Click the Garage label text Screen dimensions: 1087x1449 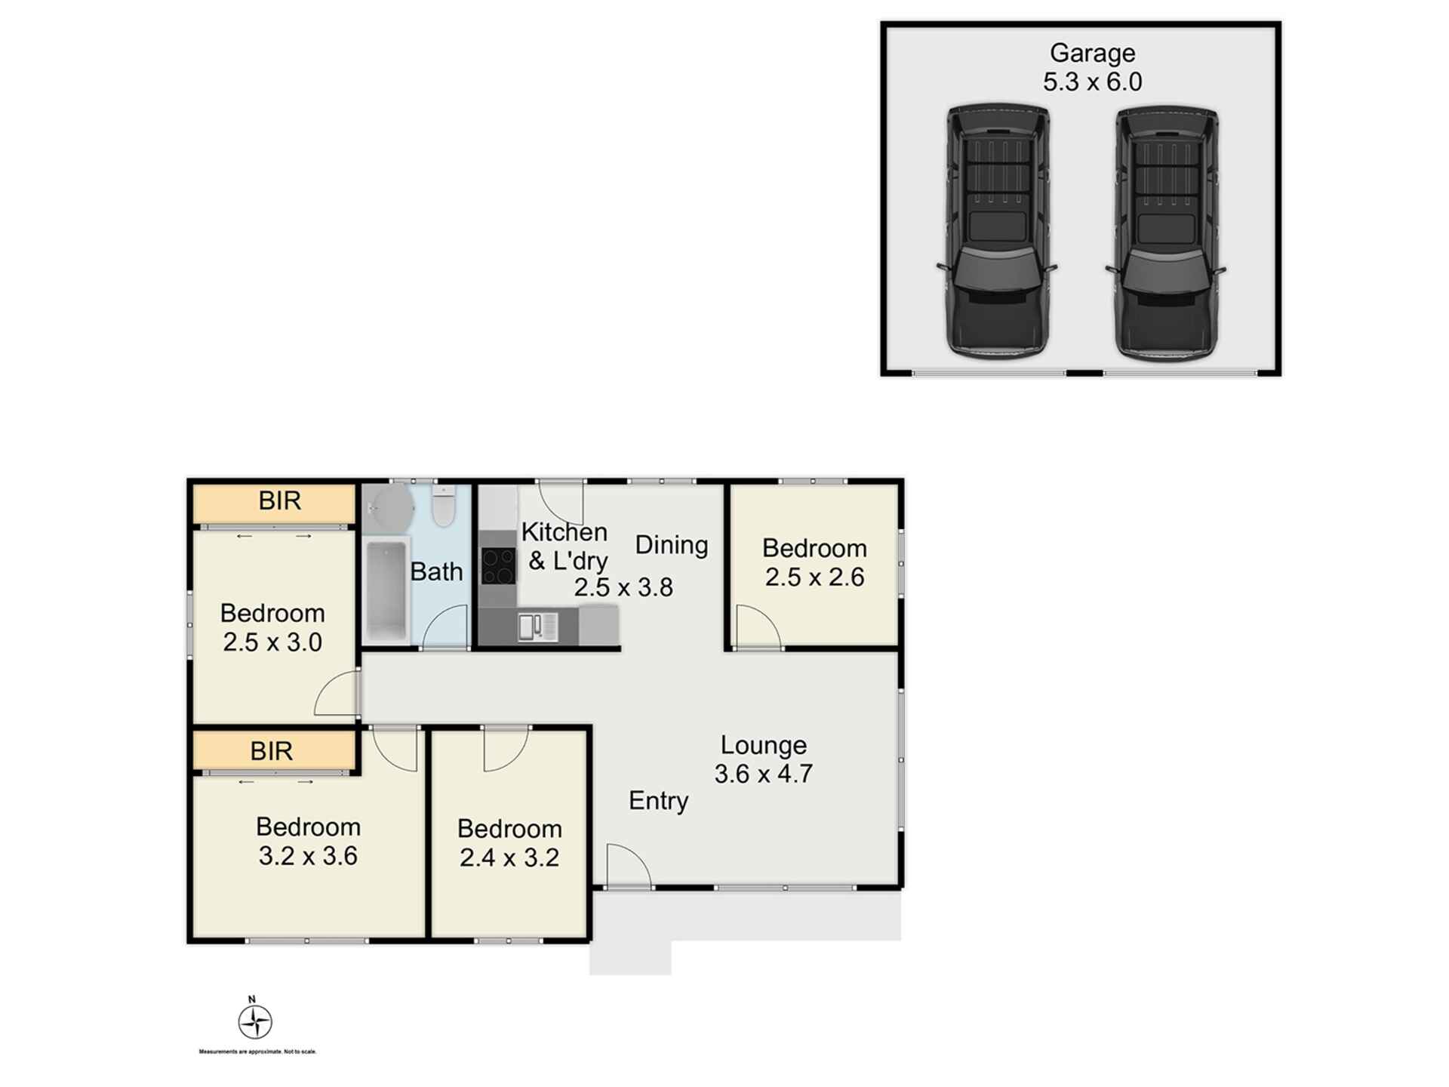pos(1092,53)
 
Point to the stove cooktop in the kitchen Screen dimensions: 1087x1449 pos(498,566)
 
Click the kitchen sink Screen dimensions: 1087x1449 pos(537,627)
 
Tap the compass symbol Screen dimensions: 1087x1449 pos(255,1022)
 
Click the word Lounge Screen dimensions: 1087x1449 pos(764,745)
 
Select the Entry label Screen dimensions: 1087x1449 pos(658,800)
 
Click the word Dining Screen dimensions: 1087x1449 pos(671,545)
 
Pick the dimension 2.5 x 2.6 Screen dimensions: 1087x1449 pos(814,577)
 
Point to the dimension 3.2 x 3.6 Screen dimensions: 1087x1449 pos(308,856)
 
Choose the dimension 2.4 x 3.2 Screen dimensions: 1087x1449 pos(509,858)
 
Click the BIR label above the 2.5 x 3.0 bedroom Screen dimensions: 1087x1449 pos(279,500)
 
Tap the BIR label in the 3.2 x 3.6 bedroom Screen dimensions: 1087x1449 pos(271,751)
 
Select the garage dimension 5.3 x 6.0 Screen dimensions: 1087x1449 pos(1092,82)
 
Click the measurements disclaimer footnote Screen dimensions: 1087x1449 pos(257,1052)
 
